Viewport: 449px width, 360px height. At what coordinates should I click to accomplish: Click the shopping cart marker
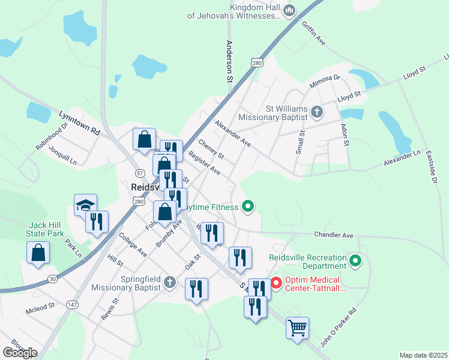click(297, 328)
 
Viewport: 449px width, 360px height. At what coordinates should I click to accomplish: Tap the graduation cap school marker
click(85, 205)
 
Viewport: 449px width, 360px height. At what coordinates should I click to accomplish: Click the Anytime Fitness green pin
click(247, 207)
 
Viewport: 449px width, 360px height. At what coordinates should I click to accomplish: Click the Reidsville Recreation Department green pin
click(355, 261)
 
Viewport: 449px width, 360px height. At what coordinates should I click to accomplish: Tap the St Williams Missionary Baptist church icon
click(317, 112)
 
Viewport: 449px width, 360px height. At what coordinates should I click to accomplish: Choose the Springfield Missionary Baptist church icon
click(170, 281)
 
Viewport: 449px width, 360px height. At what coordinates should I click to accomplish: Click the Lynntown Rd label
click(79, 122)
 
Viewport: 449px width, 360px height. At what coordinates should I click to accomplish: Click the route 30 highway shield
click(53, 278)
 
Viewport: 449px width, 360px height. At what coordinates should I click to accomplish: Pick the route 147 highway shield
click(73, 305)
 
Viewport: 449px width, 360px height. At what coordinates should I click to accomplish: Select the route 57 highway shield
click(140, 173)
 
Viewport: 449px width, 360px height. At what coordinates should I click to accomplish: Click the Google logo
click(20, 352)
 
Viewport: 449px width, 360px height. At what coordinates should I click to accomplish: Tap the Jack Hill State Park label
click(46, 229)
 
